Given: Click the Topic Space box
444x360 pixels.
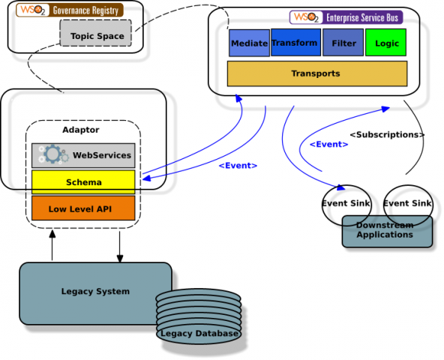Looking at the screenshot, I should pyautogui.click(x=96, y=35).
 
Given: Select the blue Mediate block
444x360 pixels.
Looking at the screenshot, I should pyautogui.click(x=248, y=43).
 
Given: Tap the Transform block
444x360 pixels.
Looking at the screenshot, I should pyautogui.click(x=295, y=43).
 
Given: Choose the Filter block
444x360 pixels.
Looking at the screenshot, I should pyautogui.click(x=343, y=43).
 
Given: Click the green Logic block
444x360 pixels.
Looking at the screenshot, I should pyautogui.click(x=386, y=43).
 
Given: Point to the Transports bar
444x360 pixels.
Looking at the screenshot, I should pyautogui.click(x=316, y=73).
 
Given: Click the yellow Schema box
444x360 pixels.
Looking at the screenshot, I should pyautogui.click(x=83, y=182).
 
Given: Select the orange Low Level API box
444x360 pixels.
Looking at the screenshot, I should pyautogui.click(x=83, y=208).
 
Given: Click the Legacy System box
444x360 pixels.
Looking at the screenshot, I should pyautogui.click(x=95, y=291).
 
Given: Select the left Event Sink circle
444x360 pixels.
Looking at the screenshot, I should pyautogui.click(x=344, y=203).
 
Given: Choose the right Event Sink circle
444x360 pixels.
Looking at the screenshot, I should pyautogui.click(x=407, y=203).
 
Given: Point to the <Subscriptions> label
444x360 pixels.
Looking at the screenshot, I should pyautogui.click(x=387, y=135).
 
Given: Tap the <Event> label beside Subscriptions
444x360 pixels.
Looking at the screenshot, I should pyautogui.click(x=328, y=144).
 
